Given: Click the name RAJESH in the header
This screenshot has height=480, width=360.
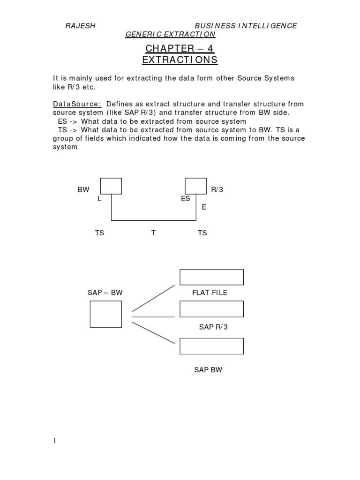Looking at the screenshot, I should (x=80, y=26).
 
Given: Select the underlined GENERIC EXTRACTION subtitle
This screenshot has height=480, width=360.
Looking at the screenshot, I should (x=170, y=35).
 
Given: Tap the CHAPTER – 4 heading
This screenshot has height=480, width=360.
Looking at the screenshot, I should (x=180, y=48).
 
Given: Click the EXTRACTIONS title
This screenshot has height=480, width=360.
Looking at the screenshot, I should (x=180, y=60).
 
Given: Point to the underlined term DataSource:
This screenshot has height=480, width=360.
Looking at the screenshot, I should (x=76, y=104).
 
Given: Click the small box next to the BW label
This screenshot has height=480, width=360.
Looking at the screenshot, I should (x=111, y=186).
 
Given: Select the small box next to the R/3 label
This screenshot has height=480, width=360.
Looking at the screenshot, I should (x=195, y=186).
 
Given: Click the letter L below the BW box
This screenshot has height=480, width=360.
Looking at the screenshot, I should (x=99, y=199).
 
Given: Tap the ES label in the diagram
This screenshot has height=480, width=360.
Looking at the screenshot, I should (x=185, y=199).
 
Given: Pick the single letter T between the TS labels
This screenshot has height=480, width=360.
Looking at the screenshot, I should (x=153, y=233).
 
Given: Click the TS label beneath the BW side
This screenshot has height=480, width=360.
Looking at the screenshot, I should (x=99, y=233).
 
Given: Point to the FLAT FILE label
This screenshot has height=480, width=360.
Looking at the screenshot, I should (x=210, y=292).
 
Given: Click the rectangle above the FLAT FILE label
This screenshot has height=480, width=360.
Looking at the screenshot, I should (x=211, y=277).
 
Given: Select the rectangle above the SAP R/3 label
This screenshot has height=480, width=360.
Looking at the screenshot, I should (x=211, y=309).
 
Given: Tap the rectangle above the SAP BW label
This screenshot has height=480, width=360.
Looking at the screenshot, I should (x=211, y=346).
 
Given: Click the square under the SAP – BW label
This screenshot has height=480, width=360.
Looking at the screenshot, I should (x=105, y=314).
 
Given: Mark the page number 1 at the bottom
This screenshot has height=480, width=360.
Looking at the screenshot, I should (x=54, y=441).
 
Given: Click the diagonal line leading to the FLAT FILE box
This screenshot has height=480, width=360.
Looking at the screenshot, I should (x=153, y=298).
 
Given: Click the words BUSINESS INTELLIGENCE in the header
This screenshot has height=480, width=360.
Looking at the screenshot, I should (x=246, y=26).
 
